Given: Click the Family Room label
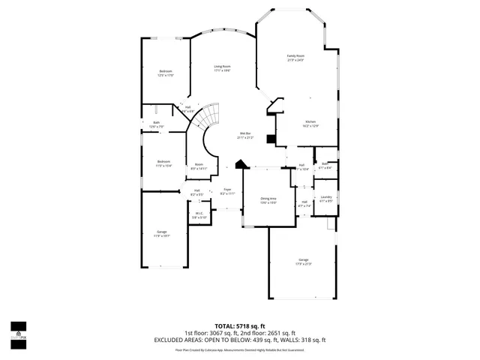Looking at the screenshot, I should (295, 58).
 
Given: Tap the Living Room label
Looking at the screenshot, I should (222, 68).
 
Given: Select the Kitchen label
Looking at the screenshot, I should (310, 124).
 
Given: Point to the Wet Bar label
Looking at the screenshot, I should (245, 136).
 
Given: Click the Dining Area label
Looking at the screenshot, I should (268, 200).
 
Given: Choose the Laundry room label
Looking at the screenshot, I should (325, 199).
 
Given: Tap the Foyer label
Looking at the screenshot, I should (226, 191).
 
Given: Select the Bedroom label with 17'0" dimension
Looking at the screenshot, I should (165, 73).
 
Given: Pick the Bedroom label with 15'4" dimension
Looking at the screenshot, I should (164, 163).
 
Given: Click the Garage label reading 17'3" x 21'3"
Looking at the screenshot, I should (304, 262).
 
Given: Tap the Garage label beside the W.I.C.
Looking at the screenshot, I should (162, 234).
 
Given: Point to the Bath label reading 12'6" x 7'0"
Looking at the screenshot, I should (157, 124).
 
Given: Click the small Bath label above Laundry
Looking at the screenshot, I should (325, 165).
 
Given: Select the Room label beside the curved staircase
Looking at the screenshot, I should (199, 166).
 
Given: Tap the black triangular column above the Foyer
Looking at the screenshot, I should (240, 165).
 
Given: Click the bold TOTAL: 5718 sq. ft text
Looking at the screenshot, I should (240, 326).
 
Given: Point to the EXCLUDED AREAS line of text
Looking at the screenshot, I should (240, 340).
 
